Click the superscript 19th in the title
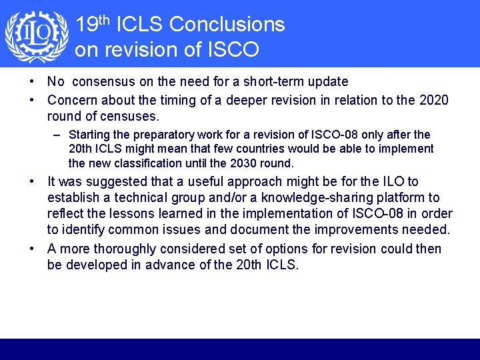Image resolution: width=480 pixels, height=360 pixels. click(93, 24)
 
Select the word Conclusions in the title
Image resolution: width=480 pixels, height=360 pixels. click(227, 25)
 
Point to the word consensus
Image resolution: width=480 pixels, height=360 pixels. click(103, 82)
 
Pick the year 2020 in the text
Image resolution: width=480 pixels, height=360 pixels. click(434, 100)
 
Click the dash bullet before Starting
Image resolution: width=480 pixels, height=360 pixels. click(59, 135)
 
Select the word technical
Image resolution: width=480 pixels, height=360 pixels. click(142, 197)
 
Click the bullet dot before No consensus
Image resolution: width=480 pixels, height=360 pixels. click(32, 82)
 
